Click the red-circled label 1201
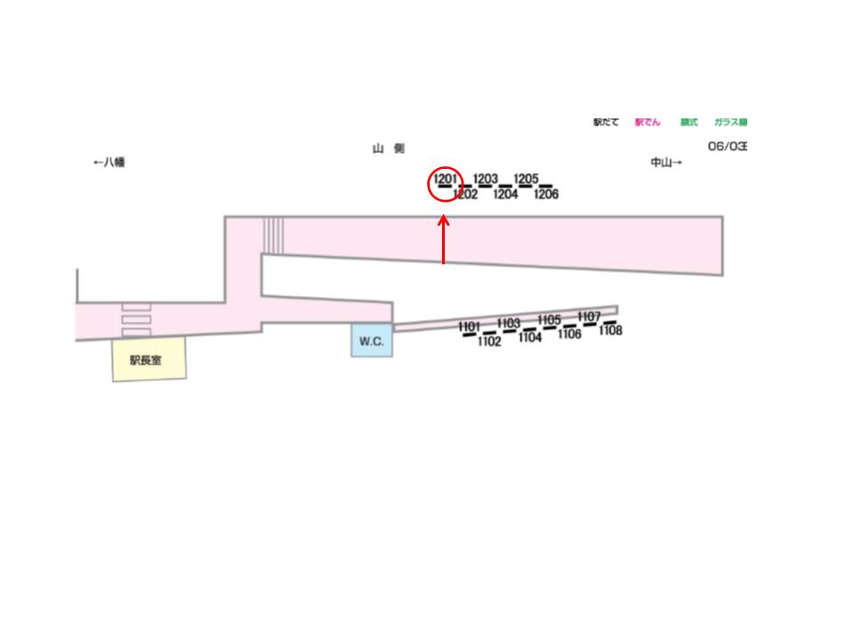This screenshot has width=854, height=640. (x=446, y=180)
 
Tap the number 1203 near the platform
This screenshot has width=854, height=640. (x=485, y=180)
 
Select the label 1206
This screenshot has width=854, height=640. (x=546, y=195)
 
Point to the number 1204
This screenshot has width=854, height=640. (x=505, y=195)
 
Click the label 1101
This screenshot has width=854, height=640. (x=470, y=327)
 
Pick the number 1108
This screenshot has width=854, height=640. (x=610, y=331)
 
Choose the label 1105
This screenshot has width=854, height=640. (x=550, y=320)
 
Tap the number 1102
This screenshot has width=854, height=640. (x=489, y=341)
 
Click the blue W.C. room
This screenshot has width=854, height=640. (x=372, y=341)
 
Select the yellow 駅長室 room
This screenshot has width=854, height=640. (x=149, y=361)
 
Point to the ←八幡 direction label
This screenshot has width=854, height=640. (x=109, y=163)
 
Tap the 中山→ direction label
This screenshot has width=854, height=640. (x=666, y=163)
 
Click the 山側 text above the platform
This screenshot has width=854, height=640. (x=388, y=149)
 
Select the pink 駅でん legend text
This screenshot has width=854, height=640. (x=648, y=123)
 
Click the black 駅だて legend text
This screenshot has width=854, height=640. (x=606, y=123)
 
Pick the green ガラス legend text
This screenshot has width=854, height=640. (x=730, y=123)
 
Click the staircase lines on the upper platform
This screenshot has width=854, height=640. (x=274, y=235)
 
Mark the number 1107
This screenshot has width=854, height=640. (x=589, y=316)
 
